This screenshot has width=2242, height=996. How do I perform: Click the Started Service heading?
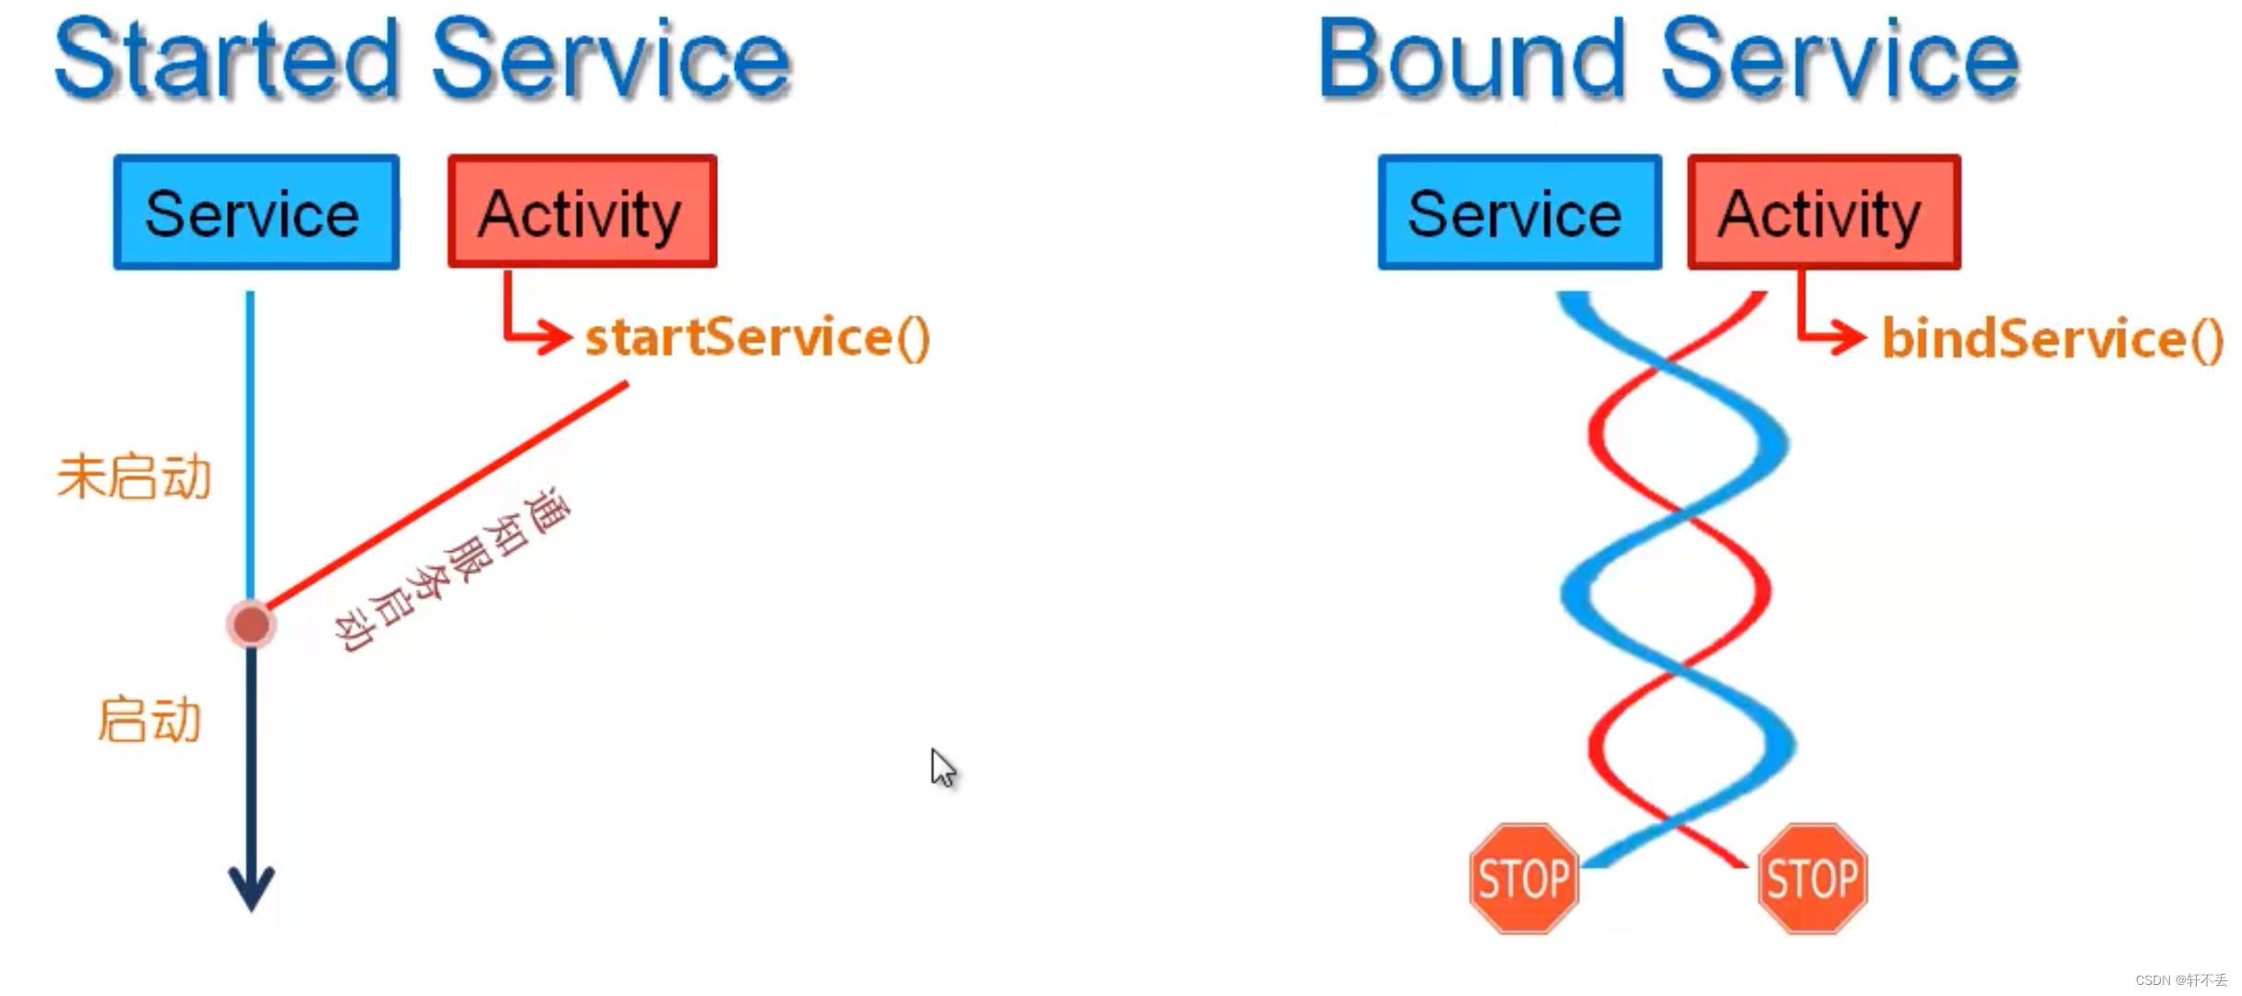click(423, 59)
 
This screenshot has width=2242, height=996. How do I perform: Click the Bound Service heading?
click(1669, 59)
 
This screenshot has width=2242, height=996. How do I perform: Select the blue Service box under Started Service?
click(256, 212)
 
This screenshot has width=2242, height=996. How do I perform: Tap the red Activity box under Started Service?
click(581, 212)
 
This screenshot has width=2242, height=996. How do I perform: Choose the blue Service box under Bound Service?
click(1518, 212)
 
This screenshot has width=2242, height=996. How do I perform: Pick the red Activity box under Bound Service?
click(1823, 212)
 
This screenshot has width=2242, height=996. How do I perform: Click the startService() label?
click(758, 337)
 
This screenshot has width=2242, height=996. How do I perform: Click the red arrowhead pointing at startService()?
click(555, 336)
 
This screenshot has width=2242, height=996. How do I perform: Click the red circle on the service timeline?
click(251, 625)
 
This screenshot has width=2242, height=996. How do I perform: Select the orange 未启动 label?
click(135, 477)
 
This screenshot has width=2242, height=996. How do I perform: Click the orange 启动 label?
click(150, 720)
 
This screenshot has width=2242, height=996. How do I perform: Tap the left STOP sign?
click(1524, 878)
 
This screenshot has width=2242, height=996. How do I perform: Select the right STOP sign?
click(1812, 878)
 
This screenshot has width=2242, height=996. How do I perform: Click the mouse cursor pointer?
click(941, 767)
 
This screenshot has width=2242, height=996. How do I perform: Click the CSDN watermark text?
click(2180, 980)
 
